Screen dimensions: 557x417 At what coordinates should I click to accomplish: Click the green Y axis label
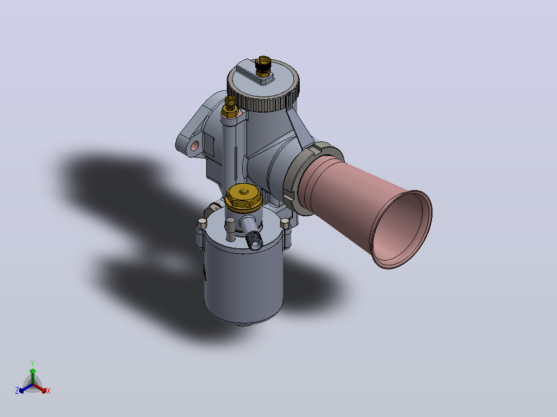33,363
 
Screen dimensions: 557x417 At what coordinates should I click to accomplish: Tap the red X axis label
49,391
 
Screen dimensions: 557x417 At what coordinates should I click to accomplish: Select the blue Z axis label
17,391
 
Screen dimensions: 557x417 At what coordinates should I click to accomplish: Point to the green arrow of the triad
33,376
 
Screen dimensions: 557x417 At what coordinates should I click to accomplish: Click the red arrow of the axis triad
40,388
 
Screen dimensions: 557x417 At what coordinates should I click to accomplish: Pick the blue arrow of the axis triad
26,388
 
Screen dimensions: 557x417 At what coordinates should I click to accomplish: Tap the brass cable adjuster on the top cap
263,67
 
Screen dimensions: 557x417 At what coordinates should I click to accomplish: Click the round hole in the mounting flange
195,146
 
